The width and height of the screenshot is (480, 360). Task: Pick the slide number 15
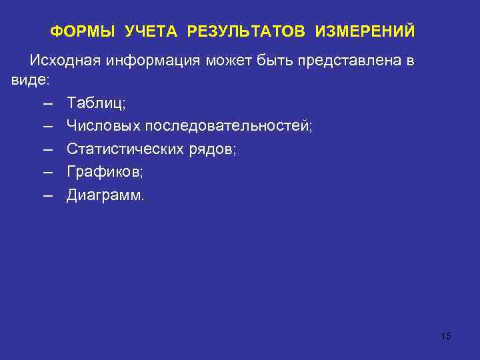pos(446,336)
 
